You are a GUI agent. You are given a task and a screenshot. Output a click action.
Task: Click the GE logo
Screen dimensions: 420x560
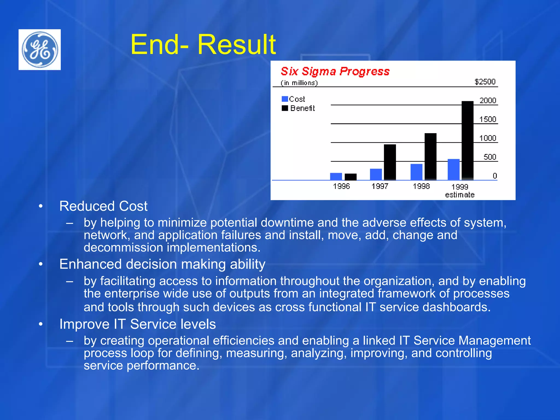tap(40, 49)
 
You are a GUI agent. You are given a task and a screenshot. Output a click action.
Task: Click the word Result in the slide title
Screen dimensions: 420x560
tap(237, 45)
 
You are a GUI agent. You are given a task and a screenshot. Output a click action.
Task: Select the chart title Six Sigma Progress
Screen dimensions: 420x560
tap(335, 71)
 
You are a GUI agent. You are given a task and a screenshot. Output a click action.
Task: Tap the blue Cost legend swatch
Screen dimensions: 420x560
tap(285, 99)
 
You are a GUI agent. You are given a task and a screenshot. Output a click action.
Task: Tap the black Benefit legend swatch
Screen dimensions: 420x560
tap(285, 108)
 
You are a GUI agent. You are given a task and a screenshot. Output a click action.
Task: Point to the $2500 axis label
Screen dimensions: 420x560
tap(485, 82)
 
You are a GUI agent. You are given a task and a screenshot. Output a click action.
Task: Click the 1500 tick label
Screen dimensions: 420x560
tap(488, 119)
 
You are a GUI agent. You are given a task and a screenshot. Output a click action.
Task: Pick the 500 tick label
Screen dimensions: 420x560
tap(489, 157)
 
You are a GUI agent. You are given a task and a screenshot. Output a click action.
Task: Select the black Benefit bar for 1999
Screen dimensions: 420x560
tap(467, 141)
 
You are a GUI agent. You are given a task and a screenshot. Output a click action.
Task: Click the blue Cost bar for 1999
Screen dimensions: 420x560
tap(453, 170)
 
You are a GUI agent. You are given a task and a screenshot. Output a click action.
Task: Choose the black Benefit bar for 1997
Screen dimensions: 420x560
tap(390, 162)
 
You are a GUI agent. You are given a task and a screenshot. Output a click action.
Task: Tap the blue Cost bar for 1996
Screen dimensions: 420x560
tap(336, 176)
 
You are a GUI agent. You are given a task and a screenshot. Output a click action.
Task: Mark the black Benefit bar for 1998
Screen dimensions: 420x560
tap(430, 156)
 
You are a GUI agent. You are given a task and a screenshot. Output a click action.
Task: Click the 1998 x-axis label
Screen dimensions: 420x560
tap(421, 186)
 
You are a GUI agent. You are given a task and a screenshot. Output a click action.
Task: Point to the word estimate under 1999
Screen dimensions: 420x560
tap(460, 195)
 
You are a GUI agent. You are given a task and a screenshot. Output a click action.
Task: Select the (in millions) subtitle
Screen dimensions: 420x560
tap(299, 83)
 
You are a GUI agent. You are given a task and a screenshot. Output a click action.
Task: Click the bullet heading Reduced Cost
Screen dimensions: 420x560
tap(103, 206)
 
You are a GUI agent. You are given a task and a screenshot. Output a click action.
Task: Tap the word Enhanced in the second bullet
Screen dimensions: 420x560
tap(91, 264)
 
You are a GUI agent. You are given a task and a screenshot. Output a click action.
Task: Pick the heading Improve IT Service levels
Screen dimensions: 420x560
tap(138, 324)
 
